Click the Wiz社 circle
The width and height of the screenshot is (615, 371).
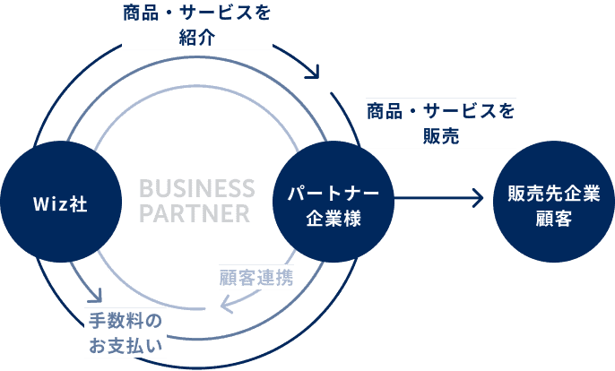coord(60,204)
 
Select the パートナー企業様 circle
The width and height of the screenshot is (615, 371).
coord(333,204)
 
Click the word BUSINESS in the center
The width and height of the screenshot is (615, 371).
coord(197,189)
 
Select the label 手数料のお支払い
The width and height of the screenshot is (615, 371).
coord(126,332)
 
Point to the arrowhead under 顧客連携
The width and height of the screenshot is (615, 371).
coord(227,306)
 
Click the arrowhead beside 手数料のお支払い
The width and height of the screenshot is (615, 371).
coord(94,297)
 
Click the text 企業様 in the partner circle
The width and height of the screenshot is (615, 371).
coord(333,218)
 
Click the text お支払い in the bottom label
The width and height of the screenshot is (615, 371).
coord(126,345)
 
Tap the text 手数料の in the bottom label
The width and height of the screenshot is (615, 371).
coord(126,321)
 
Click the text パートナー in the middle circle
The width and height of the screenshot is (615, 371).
coord(333,192)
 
